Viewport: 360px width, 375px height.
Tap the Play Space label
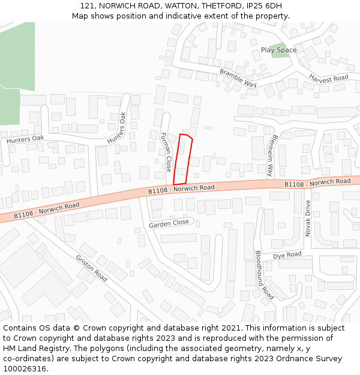(x=278, y=50)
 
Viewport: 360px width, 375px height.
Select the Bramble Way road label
(x=238, y=78)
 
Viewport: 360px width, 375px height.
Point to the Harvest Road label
(x=328, y=78)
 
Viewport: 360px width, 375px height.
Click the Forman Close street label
(x=166, y=152)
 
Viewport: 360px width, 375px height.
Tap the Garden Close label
(x=169, y=223)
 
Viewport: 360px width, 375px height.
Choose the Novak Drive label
(x=308, y=218)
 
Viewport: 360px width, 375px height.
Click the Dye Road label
(x=287, y=256)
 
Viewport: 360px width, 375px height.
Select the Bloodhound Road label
(x=264, y=275)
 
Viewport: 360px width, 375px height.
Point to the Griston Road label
(x=91, y=268)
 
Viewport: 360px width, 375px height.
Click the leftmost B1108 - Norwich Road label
(x=46, y=210)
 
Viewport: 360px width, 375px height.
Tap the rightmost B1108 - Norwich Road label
(x=317, y=182)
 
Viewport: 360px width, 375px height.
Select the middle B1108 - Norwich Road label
(x=181, y=189)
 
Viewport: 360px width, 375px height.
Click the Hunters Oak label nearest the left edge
(x=25, y=139)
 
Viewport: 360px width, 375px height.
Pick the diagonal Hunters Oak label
(x=117, y=128)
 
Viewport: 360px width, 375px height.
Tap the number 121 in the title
(x=87, y=6)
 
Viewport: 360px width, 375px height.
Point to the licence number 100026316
(x=25, y=368)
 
